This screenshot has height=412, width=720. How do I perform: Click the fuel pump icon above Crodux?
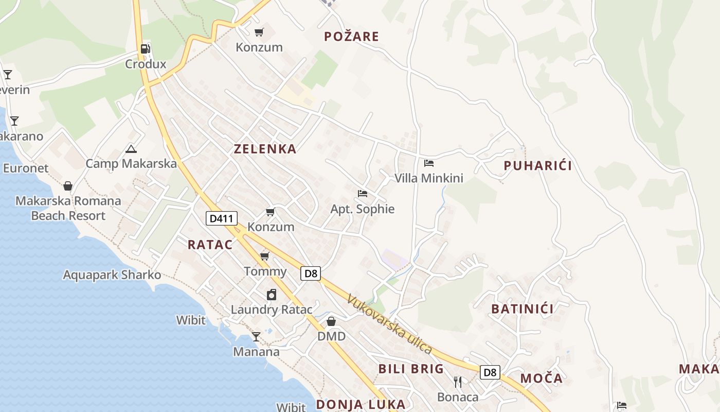(146, 49)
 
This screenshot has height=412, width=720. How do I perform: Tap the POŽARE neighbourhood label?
(351, 37)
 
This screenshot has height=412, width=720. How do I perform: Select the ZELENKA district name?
(265, 149)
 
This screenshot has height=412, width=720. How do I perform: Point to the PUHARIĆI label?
(537, 166)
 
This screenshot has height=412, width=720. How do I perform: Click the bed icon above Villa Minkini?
(428, 163)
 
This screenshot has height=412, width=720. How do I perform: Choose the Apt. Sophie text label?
(362, 209)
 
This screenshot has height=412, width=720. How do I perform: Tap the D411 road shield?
(222, 219)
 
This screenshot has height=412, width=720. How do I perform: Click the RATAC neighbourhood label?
(210, 245)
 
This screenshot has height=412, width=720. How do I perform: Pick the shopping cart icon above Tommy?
(264, 256)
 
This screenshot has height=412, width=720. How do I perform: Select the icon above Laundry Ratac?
(271, 295)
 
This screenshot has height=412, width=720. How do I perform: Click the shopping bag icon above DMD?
(331, 321)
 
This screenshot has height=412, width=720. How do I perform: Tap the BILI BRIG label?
(411, 369)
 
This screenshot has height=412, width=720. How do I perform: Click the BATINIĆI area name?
(522, 309)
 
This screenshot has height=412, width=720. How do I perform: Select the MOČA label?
(541, 379)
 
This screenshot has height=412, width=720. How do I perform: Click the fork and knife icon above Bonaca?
(458, 382)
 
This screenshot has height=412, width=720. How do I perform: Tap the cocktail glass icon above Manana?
(256, 337)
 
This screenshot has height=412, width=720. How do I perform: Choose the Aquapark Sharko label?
(112, 275)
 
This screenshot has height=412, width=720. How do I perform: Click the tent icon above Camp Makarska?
(131, 149)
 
